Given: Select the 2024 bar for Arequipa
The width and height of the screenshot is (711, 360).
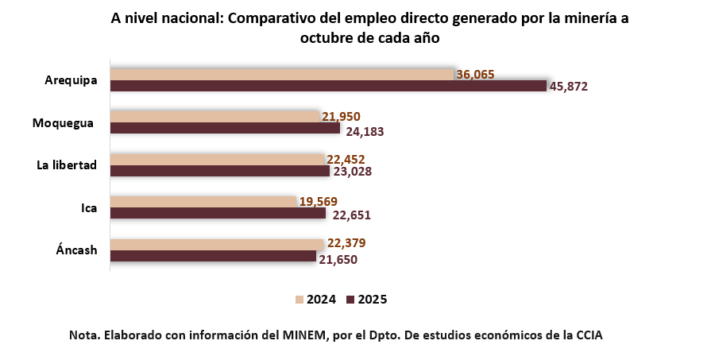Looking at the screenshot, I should point(282,74).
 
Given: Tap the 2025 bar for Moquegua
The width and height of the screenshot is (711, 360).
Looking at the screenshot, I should point(225,128).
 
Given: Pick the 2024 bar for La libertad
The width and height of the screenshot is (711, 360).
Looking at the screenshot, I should point(218,159).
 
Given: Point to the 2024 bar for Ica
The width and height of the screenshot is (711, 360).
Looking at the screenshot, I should point(203,202).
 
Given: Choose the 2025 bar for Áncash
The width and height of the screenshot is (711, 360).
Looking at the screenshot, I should point(213,256).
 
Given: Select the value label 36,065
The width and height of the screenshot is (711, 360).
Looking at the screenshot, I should point(476,74).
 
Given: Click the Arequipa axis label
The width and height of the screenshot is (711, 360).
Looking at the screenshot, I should point(71,80).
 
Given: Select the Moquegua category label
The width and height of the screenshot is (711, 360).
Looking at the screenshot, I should point(64,122).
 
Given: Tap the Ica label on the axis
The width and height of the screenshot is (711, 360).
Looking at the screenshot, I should point(89,208).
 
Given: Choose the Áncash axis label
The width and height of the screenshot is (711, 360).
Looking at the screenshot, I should point(76,250).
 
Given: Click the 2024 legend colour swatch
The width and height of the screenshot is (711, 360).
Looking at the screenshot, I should point(299,300).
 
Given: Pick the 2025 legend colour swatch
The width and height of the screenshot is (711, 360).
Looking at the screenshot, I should point(350,300).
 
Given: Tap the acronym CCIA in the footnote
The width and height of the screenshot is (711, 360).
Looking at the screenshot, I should point(587,335).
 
